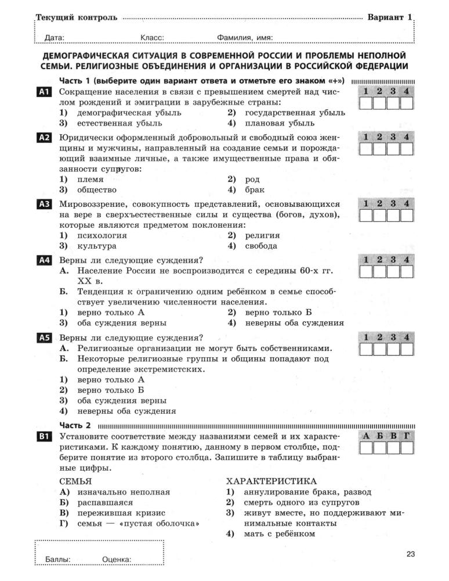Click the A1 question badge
click(45, 92)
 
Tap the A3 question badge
click(45, 204)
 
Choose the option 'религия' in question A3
click(262, 235)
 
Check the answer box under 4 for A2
click(407, 149)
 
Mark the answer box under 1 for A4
click(365, 271)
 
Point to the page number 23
click(411, 554)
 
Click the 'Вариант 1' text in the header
click(389, 17)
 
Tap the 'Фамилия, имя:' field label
click(245, 38)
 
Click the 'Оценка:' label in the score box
click(117, 560)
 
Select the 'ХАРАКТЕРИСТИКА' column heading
click(271, 481)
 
